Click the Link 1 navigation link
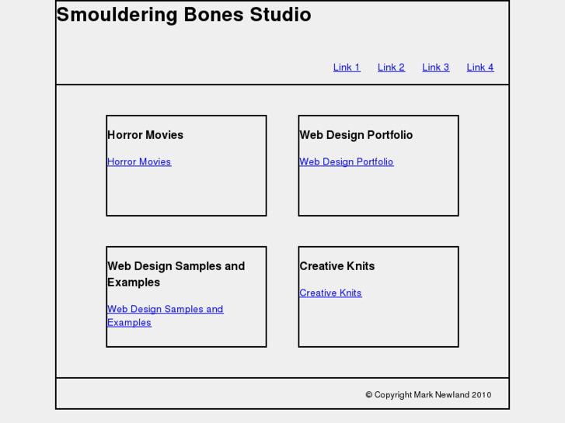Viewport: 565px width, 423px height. [347, 68]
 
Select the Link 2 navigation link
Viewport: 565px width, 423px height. [391, 68]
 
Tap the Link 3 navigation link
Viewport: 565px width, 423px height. [435, 68]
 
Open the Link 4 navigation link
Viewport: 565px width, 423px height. [480, 68]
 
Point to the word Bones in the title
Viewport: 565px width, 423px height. [214, 15]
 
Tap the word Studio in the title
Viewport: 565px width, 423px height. [281, 15]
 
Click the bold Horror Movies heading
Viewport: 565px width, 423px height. [145, 135]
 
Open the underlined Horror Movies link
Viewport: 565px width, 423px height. [139, 162]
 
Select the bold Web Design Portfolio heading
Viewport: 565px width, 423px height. [356, 135]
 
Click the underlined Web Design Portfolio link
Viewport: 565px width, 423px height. [347, 162]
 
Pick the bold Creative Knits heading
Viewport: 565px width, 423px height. [337, 266]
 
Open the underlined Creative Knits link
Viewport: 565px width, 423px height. [330, 293]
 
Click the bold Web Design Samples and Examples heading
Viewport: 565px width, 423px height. [176, 274]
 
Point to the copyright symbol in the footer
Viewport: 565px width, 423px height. [369, 395]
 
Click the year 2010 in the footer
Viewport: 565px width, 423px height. [481, 395]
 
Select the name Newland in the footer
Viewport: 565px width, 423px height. [452, 395]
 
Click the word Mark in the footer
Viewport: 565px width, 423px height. [424, 395]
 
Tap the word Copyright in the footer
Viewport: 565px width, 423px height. [393, 395]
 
